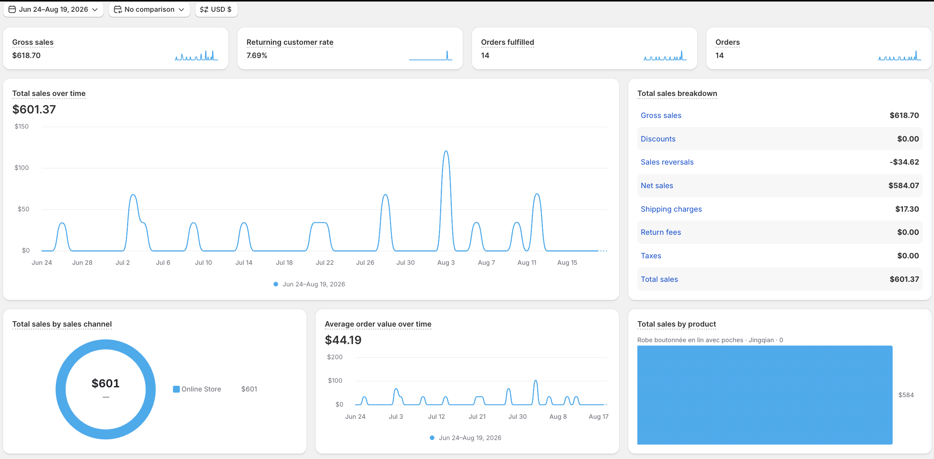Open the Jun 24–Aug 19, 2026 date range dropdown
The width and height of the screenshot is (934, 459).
coord(53,9)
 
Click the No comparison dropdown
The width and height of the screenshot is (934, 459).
coord(149,9)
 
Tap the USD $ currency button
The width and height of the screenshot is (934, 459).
coord(216,9)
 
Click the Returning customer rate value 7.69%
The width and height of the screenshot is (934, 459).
coord(257,55)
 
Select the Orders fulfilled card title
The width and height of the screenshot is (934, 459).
coord(507,42)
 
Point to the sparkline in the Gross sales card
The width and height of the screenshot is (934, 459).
coord(196,56)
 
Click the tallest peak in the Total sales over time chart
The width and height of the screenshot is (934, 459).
coord(446,151)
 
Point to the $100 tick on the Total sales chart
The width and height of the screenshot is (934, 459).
coord(22,168)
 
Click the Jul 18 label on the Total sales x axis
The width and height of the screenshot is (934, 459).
coord(284,263)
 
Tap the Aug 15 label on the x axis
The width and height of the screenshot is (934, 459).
coord(567,263)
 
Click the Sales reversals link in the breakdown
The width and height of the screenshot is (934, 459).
coord(667,162)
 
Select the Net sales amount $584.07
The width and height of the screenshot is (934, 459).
coord(904,185)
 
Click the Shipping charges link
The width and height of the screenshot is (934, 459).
coord(671,209)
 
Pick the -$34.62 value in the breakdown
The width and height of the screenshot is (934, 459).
coord(904,162)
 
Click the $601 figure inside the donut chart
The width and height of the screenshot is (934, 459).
coord(105,384)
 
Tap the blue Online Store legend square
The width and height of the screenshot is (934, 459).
coord(176,389)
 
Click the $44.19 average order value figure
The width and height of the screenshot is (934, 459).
coord(343,340)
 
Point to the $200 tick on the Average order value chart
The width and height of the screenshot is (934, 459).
coord(335,357)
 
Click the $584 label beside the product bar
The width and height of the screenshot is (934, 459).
coord(906,395)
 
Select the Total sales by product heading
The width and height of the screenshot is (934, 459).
coord(676,324)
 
